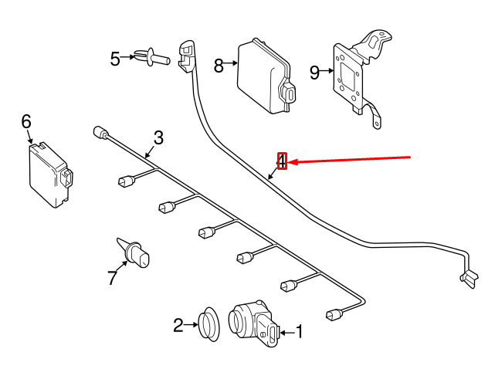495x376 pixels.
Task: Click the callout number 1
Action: coord(299,332)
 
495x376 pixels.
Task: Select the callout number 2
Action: coord(178,325)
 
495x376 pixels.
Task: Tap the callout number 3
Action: coord(158,137)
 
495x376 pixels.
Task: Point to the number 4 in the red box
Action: coord(282,161)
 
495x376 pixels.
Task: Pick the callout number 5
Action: coord(115,59)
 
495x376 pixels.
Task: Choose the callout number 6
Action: coord(26,121)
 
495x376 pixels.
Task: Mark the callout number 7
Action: coord(112,277)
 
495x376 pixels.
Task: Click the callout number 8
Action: coord(219,66)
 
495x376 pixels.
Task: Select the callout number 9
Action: coord(314,73)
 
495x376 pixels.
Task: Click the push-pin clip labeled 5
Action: coord(152,57)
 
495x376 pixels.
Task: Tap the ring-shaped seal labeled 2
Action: coord(209,324)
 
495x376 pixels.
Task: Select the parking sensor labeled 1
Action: coord(254,323)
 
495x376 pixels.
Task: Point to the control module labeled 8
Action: coord(266,76)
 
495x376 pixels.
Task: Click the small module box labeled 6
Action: coord(50,175)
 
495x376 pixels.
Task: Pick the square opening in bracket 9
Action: coord(347,75)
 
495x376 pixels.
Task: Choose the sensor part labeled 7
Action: coord(134,253)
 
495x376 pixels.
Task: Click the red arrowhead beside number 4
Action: coord(291,162)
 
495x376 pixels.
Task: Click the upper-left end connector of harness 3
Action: coord(101,132)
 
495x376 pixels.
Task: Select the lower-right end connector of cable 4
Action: coord(469,278)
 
